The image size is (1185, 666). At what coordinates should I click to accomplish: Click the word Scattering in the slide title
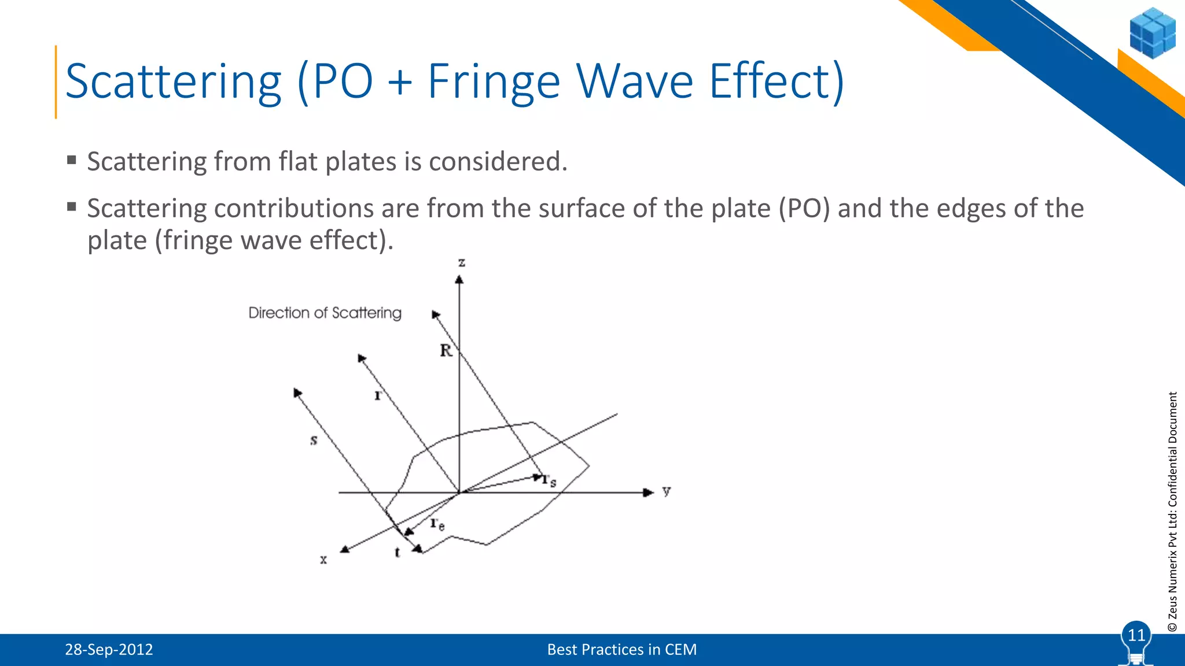pyautogui.click(x=174, y=82)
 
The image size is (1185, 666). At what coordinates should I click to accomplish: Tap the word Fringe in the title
pyautogui.click(x=494, y=82)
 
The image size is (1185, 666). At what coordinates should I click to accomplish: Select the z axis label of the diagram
pyautogui.click(x=462, y=263)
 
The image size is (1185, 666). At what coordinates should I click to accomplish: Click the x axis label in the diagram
pyautogui.click(x=323, y=560)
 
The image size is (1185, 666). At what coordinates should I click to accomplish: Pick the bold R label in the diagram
pyautogui.click(x=446, y=350)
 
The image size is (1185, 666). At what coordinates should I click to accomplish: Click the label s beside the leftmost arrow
pyautogui.click(x=314, y=441)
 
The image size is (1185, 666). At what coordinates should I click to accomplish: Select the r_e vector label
pyautogui.click(x=437, y=524)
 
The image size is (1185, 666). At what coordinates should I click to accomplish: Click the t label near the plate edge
pyautogui.click(x=397, y=552)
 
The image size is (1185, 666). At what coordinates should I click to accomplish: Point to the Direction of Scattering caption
pyautogui.click(x=325, y=313)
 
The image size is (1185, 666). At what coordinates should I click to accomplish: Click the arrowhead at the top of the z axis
pyautogui.click(x=459, y=280)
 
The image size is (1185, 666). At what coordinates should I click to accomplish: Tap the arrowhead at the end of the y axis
pyautogui.click(x=649, y=493)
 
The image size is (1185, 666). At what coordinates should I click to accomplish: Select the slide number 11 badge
pyautogui.click(x=1136, y=635)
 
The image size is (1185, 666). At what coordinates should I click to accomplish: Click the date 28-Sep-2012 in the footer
pyautogui.click(x=109, y=650)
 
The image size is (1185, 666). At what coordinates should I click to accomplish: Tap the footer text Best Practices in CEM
pyautogui.click(x=622, y=650)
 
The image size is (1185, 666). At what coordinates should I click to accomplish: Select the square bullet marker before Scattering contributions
pyautogui.click(x=72, y=206)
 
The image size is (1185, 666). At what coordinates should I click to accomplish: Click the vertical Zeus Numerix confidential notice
pyautogui.click(x=1172, y=512)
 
